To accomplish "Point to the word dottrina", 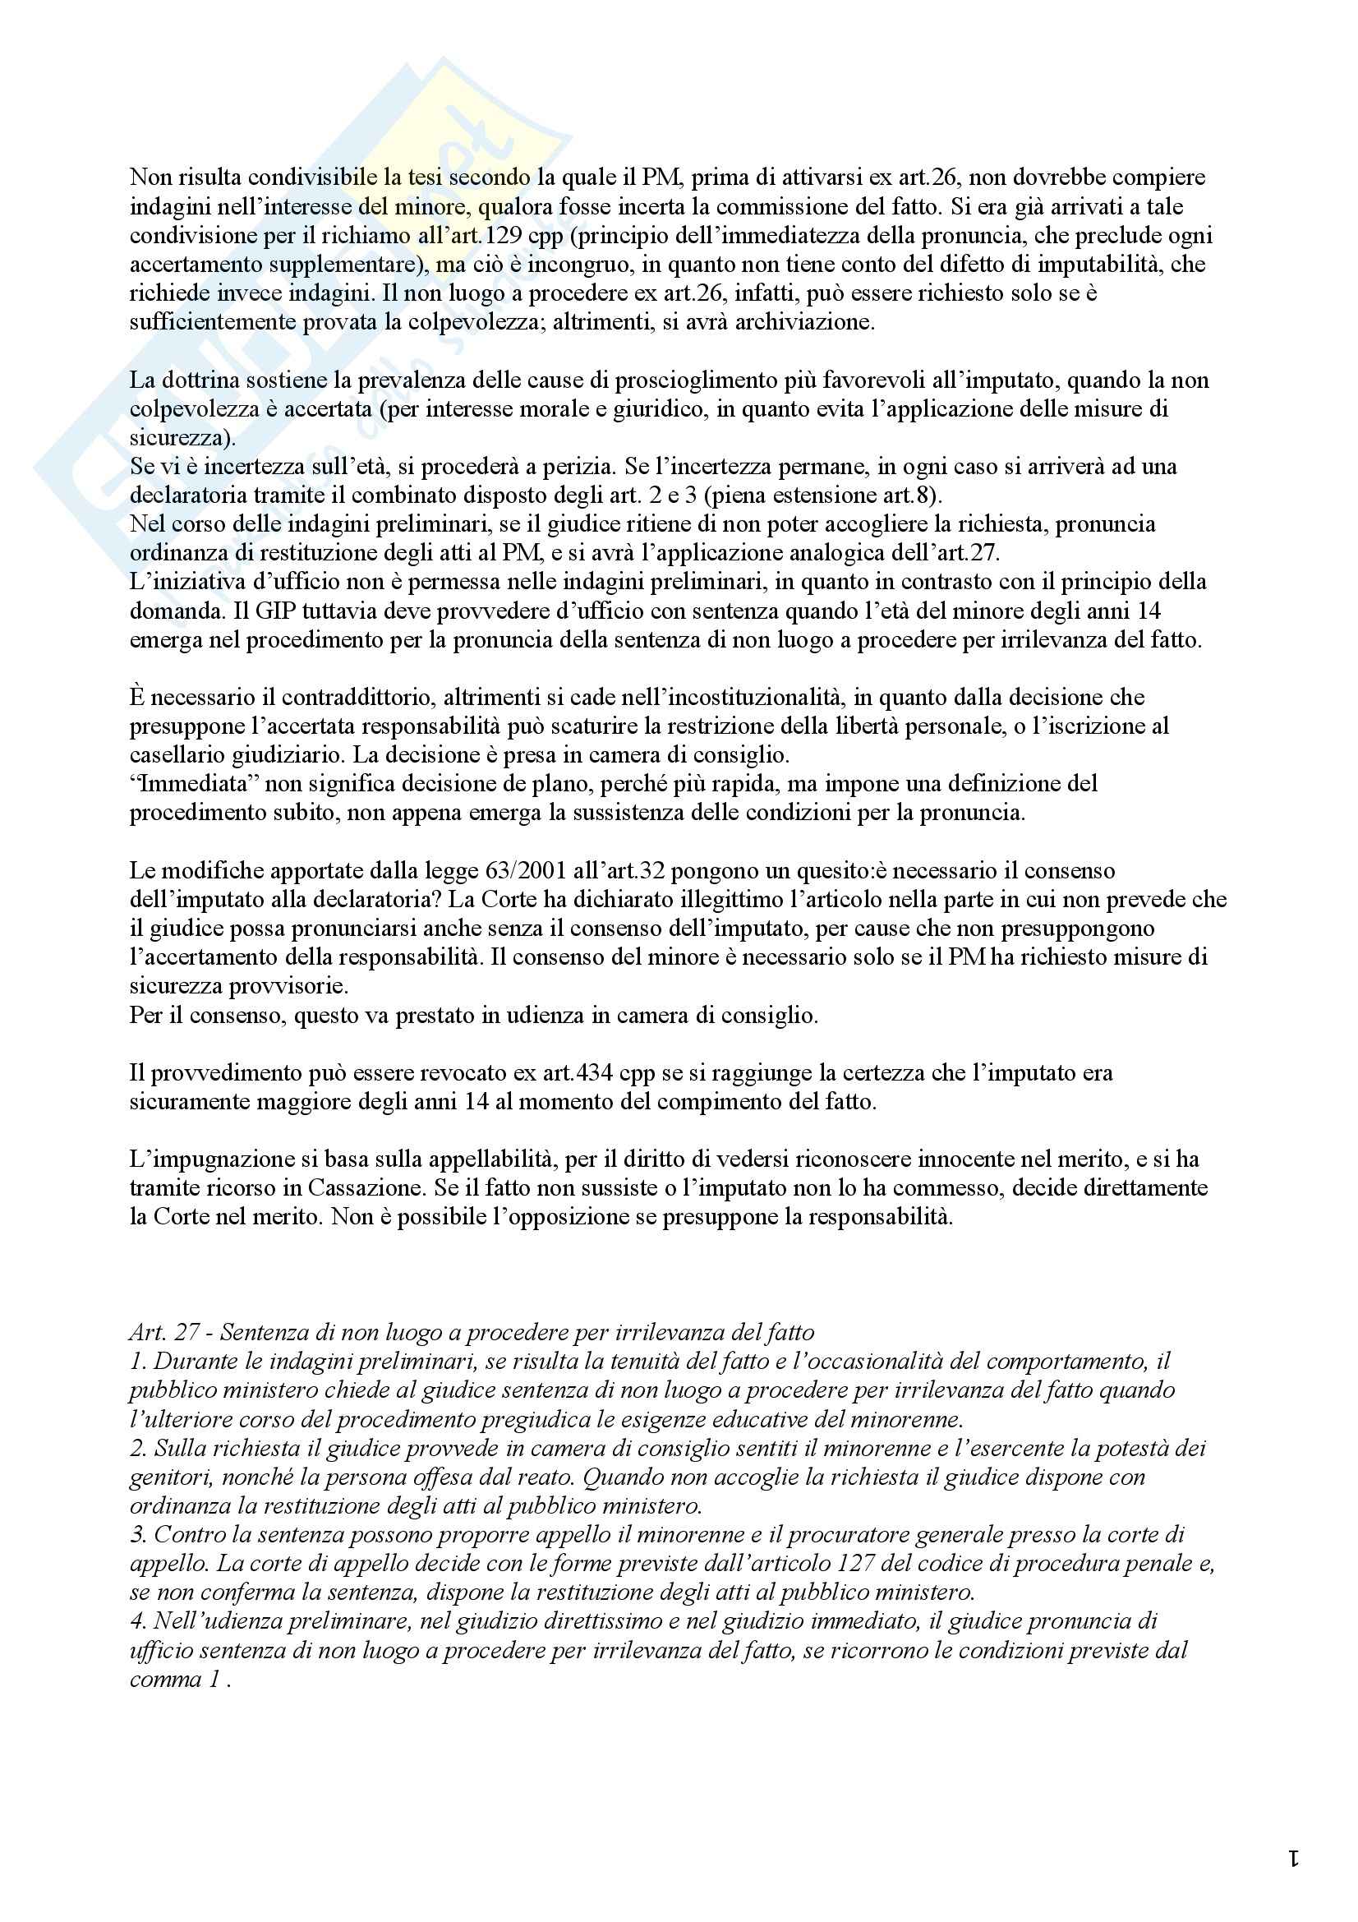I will pos(200,380).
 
